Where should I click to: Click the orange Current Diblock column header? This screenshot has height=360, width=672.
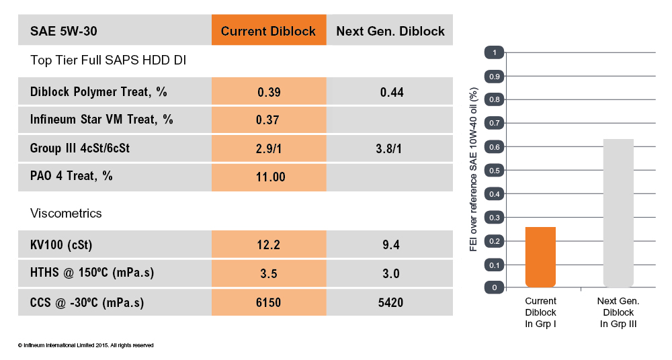[269, 31]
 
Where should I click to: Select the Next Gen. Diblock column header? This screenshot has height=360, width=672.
[390, 31]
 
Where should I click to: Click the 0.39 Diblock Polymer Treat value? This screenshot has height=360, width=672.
[269, 92]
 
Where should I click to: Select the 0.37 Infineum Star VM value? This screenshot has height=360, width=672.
[269, 120]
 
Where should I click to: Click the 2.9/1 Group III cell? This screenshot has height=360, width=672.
[269, 148]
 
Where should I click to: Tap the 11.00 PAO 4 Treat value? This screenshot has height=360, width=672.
[269, 177]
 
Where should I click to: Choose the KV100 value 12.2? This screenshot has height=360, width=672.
[269, 245]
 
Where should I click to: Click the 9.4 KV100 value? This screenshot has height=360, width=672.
[391, 245]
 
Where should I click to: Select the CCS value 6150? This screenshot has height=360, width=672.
[269, 303]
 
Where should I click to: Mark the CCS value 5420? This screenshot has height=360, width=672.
[391, 303]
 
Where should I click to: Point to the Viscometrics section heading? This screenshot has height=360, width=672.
[66, 213]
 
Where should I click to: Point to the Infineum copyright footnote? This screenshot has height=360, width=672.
[86, 345]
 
